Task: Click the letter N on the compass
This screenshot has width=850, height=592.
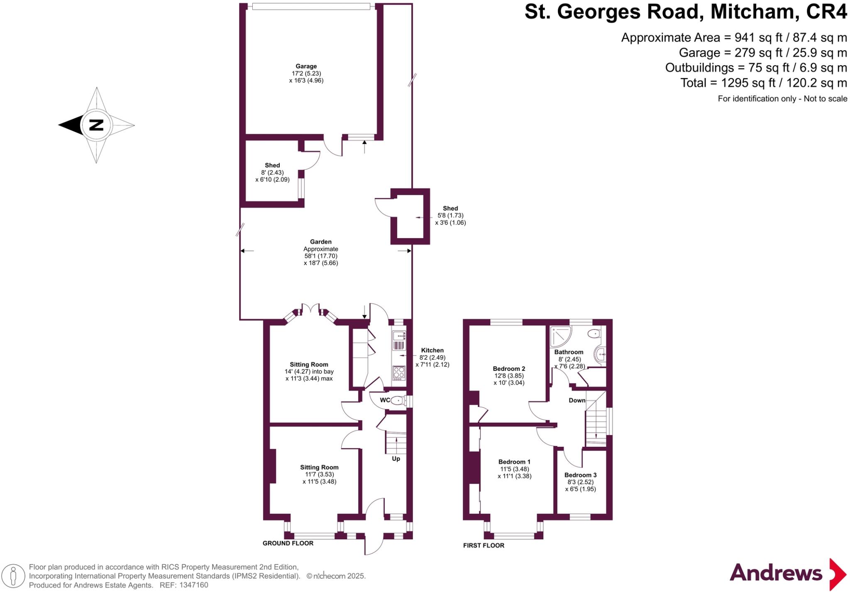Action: pyautogui.click(x=96, y=125)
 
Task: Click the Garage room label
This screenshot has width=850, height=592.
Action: pyautogui.click(x=306, y=66)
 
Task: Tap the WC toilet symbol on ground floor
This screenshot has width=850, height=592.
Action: pyautogui.click(x=397, y=400)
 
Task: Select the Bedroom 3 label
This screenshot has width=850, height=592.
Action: pyautogui.click(x=580, y=475)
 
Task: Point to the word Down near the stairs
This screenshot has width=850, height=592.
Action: pyautogui.click(x=577, y=400)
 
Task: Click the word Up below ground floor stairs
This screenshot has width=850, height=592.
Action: pyautogui.click(x=396, y=459)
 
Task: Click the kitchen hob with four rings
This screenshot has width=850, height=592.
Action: pyautogui.click(x=399, y=373)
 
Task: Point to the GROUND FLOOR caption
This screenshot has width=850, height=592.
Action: pyautogui.click(x=288, y=543)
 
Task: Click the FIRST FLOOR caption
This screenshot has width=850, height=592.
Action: pyautogui.click(x=484, y=546)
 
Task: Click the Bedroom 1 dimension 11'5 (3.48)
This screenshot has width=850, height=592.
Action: pyautogui.click(x=514, y=469)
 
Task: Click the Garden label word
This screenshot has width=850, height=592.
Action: pyautogui.click(x=320, y=242)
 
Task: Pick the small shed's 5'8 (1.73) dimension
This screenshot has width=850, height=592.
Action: pyautogui.click(x=450, y=216)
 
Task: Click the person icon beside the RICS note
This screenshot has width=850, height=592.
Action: pyautogui.click(x=13, y=576)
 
